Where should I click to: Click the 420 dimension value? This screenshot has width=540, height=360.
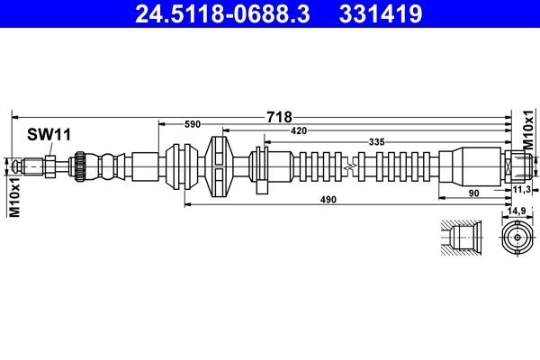[x=299, y=132]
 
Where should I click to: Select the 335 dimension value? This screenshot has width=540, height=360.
[x=377, y=142]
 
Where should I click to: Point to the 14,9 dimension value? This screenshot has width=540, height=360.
[x=517, y=211]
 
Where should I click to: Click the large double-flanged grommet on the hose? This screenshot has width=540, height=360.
[x=219, y=166]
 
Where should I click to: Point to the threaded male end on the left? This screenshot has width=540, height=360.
[x=29, y=166]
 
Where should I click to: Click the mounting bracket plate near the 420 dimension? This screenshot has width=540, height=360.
[x=262, y=166]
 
